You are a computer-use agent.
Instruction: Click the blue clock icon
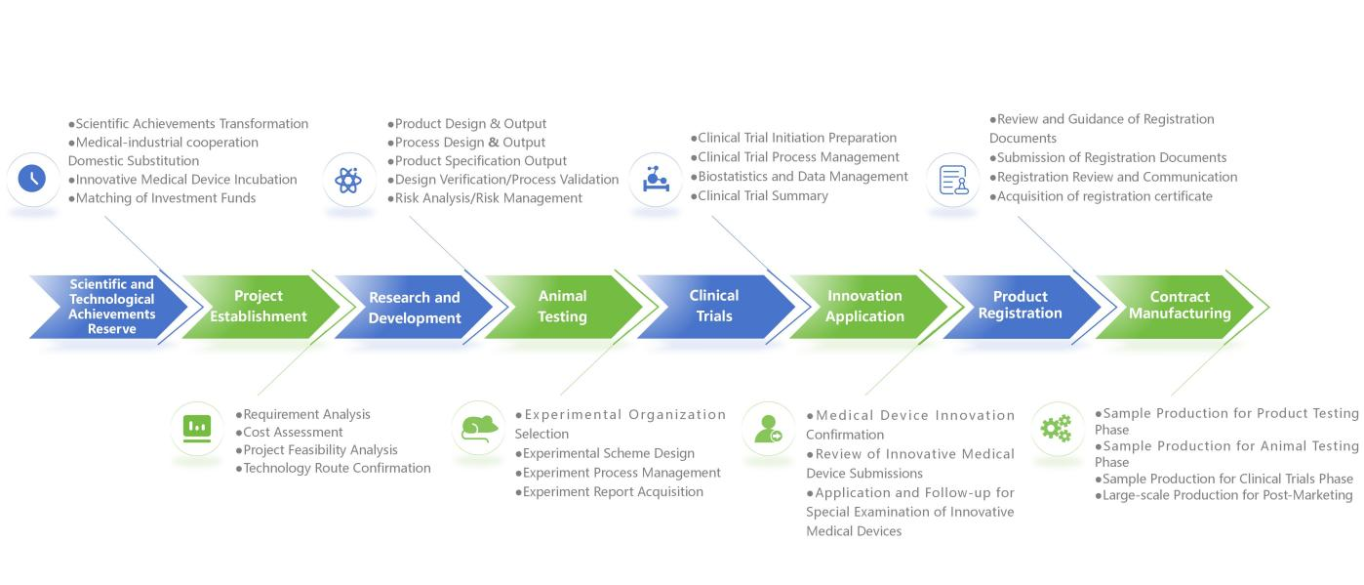[32, 179]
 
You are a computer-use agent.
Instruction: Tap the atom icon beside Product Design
[348, 180]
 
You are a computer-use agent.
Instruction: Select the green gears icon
[1056, 428]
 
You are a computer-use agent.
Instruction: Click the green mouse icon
[477, 428]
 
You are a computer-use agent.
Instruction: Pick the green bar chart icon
[197, 427]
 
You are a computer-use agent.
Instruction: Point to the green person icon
[767, 429]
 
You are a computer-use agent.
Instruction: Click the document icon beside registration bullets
[952, 180]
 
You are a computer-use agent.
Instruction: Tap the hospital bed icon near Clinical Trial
[655, 179]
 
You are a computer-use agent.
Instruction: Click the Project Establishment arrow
[259, 307]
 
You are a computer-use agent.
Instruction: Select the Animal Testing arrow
[562, 307]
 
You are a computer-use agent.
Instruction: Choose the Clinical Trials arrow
[714, 306]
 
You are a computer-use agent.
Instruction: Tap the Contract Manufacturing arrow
[1179, 306]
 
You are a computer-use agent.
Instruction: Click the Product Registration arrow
[1020, 306]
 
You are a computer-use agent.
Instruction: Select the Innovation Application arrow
[864, 307]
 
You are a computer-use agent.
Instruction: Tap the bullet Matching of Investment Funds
[165, 198]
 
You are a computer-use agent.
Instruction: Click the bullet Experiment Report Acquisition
[612, 492]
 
